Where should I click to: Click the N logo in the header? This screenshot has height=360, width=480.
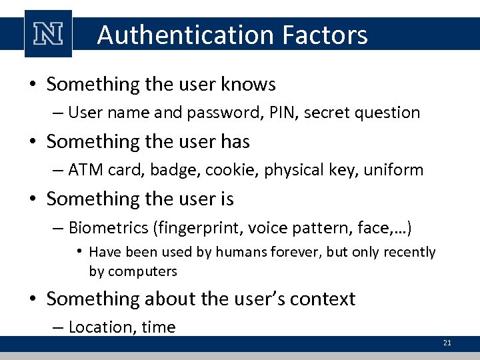[47, 33]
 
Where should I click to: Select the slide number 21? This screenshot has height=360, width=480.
[447, 343]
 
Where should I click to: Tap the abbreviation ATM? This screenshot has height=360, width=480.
[83, 170]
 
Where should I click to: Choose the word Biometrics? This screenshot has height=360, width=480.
[109, 229]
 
